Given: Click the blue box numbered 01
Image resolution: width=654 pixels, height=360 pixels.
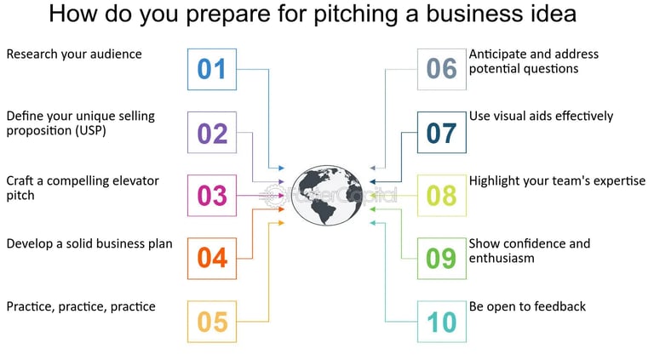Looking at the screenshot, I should pos(212,69).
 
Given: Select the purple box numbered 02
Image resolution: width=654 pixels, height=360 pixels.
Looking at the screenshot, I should pos(212,132).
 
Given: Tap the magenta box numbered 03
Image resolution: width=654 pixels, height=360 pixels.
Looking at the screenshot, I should pos(212,195).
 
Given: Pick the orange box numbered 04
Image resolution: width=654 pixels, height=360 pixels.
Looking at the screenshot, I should pos(212,258).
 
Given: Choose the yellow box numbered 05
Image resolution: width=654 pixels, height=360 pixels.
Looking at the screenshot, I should pos(212,321).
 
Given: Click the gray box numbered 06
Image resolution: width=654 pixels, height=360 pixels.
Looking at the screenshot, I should pos(442,69).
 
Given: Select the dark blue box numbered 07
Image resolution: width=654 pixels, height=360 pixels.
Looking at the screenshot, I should pos(442,132).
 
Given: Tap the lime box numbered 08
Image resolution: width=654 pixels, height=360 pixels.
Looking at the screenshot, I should pos(442,195).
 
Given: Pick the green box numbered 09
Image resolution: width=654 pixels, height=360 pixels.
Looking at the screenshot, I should pos(442,258).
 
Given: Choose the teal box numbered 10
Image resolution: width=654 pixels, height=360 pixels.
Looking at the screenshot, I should pos(442,321).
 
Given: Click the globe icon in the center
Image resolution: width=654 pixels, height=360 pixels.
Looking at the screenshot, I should pos(328,195).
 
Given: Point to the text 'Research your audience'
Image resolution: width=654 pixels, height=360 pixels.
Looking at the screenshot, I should pos(74,54).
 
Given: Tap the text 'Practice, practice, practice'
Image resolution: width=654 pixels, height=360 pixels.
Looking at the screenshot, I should pos(81,306).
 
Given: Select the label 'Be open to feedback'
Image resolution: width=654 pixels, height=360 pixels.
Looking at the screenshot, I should pos(527,306).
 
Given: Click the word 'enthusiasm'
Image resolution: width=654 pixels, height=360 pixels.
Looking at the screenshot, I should pos(502,258).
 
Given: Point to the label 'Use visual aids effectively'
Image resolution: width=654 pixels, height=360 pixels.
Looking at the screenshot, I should pos(541,117).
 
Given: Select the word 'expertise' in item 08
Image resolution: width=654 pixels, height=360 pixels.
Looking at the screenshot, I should pos(618,180).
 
